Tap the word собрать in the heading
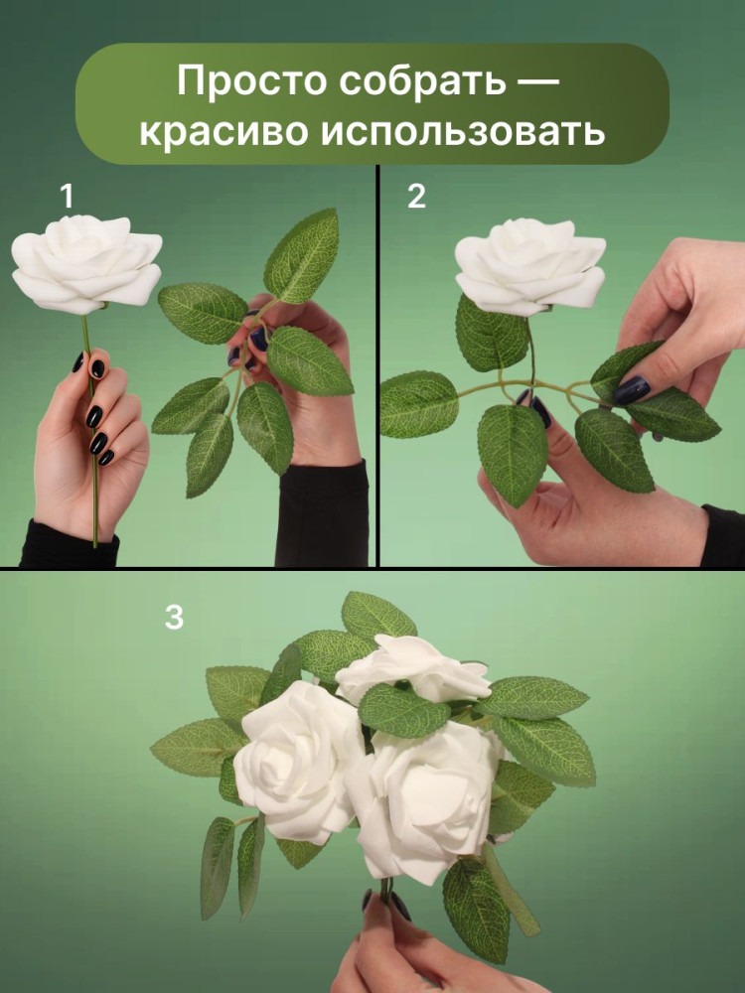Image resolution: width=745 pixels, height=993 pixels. pyautogui.click(x=422, y=81)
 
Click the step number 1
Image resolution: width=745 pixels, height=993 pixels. pyautogui.click(x=66, y=197)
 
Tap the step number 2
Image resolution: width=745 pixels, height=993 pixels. pyautogui.click(x=416, y=197)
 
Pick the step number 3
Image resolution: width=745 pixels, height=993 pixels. pyautogui.click(x=174, y=617)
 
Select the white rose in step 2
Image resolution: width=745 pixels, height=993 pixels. pyautogui.click(x=530, y=266)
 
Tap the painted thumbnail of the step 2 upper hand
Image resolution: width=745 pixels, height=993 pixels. pyautogui.click(x=631, y=389)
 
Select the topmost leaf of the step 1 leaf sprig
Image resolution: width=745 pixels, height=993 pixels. pyautogui.click(x=302, y=256)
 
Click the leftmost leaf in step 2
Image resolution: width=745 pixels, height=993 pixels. pyautogui.click(x=419, y=404)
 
